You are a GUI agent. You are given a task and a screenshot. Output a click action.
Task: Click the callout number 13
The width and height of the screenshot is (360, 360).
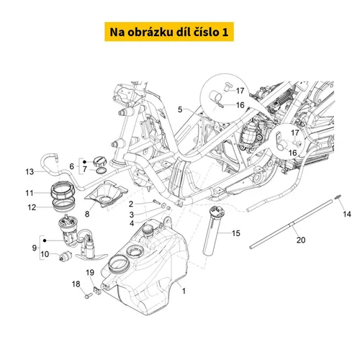pyautogui.click(x=30, y=172)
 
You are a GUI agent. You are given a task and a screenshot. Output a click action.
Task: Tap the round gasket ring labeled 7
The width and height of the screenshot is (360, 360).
pyautogui.click(x=102, y=171)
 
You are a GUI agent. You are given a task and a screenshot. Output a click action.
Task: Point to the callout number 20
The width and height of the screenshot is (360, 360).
pyautogui.click(x=301, y=240)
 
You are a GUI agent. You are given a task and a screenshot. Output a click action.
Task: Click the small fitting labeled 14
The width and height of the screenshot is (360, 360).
pyautogui.click(x=338, y=197)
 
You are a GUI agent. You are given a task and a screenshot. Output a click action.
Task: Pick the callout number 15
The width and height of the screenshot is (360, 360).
pyautogui.click(x=236, y=233)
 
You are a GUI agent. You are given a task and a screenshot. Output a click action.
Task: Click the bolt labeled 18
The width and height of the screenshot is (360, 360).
pyautogui.click(x=89, y=295)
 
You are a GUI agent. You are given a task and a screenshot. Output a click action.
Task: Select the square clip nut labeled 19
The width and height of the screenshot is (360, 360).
pyautogui.click(x=97, y=290)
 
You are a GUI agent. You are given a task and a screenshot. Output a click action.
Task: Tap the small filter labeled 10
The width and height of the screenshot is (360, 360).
pyautogui.click(x=66, y=256)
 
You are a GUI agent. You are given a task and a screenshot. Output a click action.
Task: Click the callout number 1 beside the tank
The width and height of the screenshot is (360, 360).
pyautogui.click(x=184, y=291)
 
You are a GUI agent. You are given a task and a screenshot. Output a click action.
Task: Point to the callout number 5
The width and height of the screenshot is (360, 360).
pyautogui.click(x=180, y=109)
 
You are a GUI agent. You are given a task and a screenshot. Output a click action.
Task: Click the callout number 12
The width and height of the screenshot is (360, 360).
pyautogui.click(x=32, y=207)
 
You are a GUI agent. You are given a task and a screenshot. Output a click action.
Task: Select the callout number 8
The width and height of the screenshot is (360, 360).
pyautogui.click(x=87, y=214)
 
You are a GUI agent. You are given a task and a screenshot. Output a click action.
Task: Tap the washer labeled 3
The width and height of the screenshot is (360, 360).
pyautogui.click(x=163, y=205)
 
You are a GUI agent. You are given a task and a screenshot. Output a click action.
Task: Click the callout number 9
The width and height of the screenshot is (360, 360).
pyautogui.click(x=35, y=248)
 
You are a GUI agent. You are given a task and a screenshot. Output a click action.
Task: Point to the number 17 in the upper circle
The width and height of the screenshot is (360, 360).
pyautogui.click(x=240, y=91)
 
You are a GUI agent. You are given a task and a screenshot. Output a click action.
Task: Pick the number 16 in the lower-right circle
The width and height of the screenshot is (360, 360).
pyautogui.click(x=292, y=153)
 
